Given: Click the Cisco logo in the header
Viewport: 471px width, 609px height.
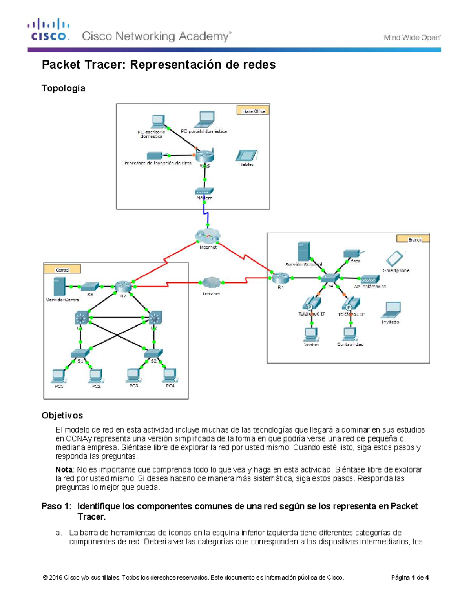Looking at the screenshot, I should [49, 30].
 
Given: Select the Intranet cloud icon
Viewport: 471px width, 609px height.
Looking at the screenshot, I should [211, 282].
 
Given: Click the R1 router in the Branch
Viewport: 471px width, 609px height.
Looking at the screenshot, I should [281, 278].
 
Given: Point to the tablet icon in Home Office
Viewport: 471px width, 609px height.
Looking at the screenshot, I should [246, 156].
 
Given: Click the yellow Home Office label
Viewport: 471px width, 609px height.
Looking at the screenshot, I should [253, 111].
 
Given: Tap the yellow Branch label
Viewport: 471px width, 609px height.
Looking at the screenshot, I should [413, 239].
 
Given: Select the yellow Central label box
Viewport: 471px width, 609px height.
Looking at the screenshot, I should [62, 269].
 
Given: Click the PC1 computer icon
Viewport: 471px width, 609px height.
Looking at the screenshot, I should [58, 376].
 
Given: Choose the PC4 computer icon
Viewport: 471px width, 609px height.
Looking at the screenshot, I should [170, 375].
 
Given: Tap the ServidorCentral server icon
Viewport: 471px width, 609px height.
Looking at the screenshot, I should [59, 287].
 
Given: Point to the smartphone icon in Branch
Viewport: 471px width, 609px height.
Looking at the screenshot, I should [394, 259].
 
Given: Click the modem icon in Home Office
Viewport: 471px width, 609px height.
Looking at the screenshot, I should [204, 192].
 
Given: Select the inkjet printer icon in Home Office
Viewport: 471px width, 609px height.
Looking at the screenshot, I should [155, 156].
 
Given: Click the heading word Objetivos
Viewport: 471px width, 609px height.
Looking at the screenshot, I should [62, 415].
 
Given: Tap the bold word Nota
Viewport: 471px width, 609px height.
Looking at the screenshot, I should [64, 469].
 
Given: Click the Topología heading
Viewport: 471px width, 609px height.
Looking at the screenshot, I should [63, 88].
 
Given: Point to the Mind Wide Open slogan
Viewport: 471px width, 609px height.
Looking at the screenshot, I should [412, 38].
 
